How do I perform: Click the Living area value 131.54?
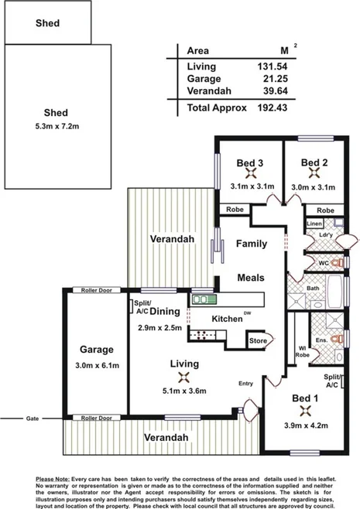click(x=272, y=66)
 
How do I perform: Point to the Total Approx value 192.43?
click(x=272, y=108)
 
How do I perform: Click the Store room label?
click(x=256, y=340)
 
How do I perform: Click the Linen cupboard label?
click(x=314, y=224)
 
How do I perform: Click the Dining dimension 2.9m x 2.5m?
click(x=159, y=327)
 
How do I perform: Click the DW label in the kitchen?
click(x=247, y=313)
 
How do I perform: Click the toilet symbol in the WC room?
click(x=337, y=263)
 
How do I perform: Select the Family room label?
click(x=252, y=244)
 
